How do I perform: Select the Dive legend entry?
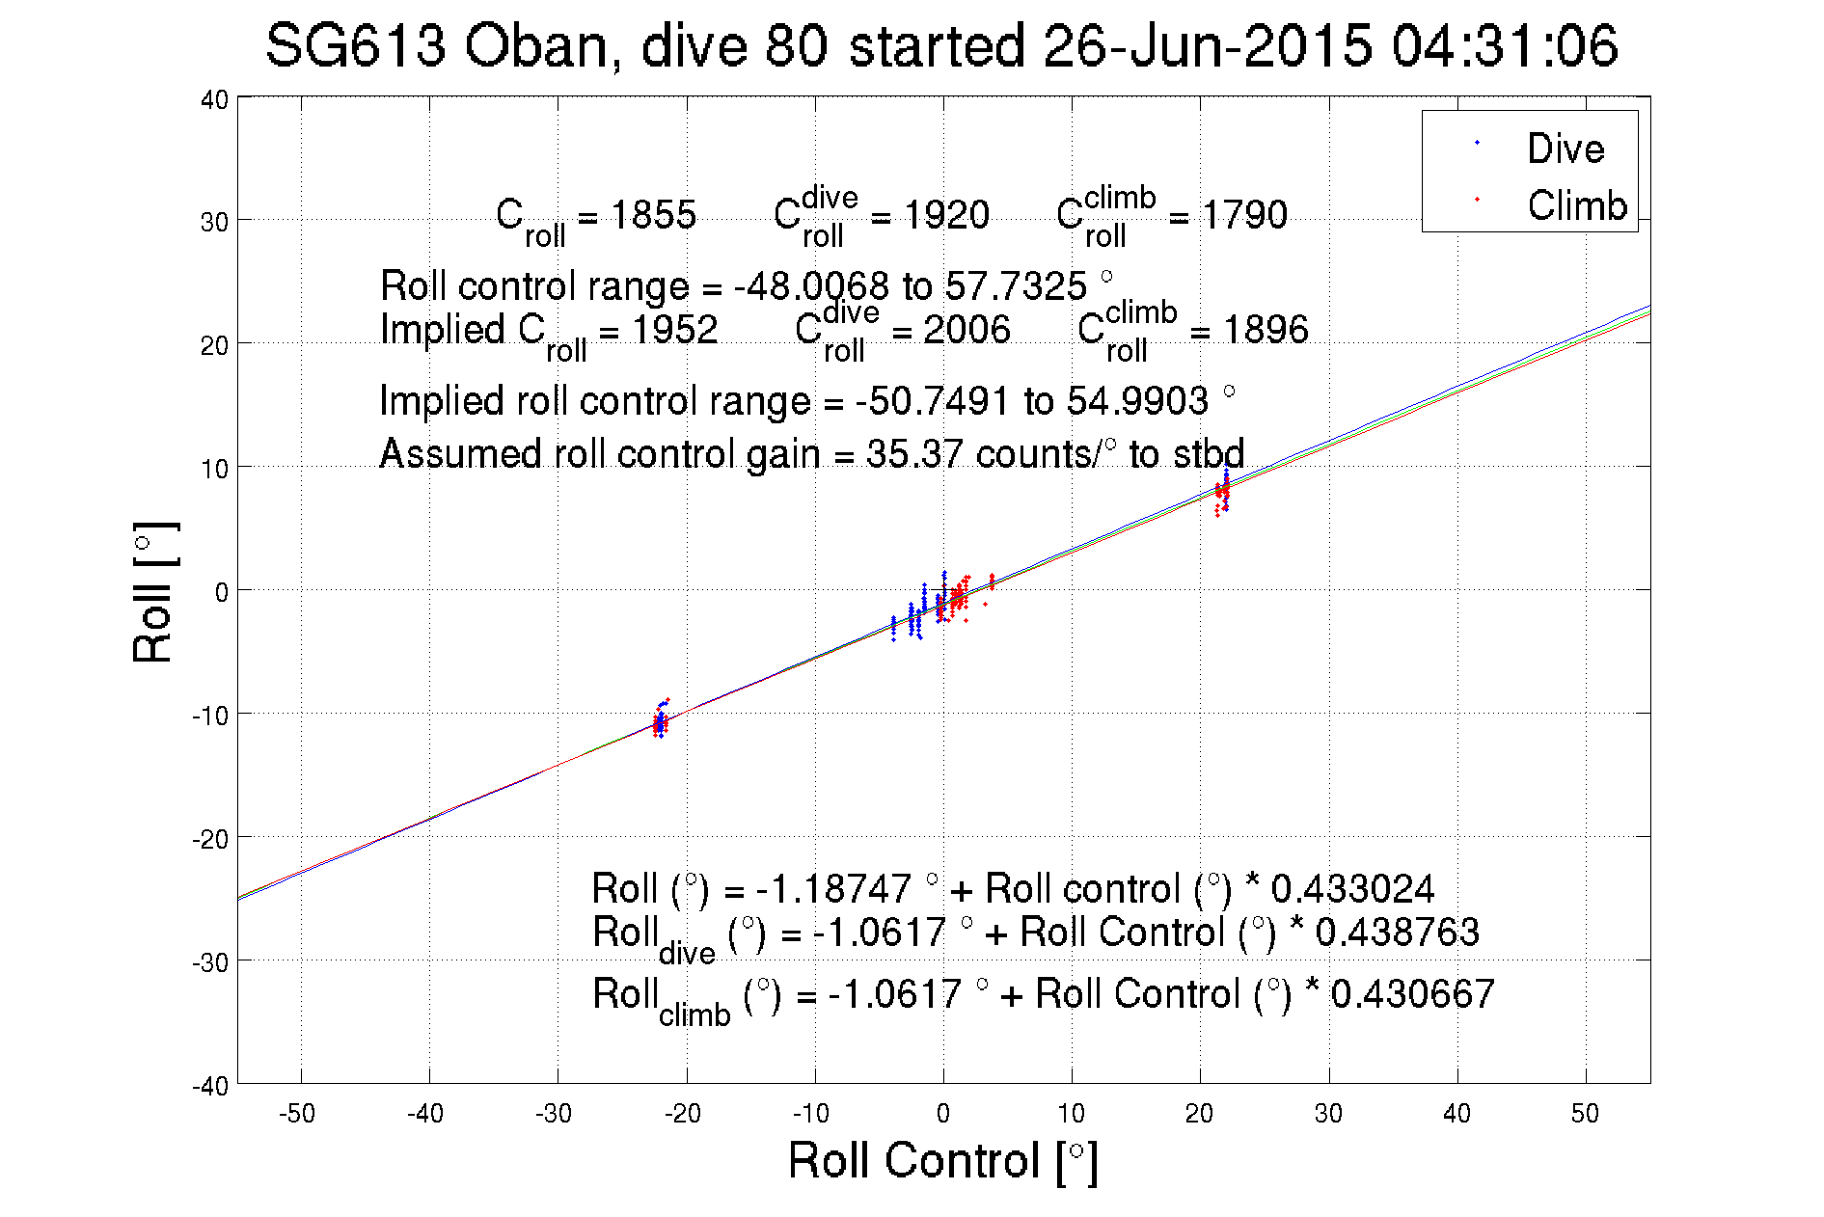click(x=1565, y=149)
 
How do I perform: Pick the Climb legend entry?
click(x=1576, y=205)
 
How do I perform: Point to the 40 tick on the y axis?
click(x=214, y=99)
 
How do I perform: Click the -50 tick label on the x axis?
click(x=296, y=1114)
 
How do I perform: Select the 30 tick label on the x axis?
click(x=1328, y=1114)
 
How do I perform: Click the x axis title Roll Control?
click(x=941, y=1160)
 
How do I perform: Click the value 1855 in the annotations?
click(x=653, y=214)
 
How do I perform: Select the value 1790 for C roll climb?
click(x=1244, y=214)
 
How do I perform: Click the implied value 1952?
click(x=674, y=330)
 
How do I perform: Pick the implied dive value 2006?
click(x=966, y=330)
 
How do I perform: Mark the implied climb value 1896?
click(x=1266, y=330)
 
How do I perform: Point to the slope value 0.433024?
click(x=1352, y=888)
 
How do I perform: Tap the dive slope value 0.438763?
click(x=1397, y=932)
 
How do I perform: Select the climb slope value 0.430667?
click(x=1412, y=993)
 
